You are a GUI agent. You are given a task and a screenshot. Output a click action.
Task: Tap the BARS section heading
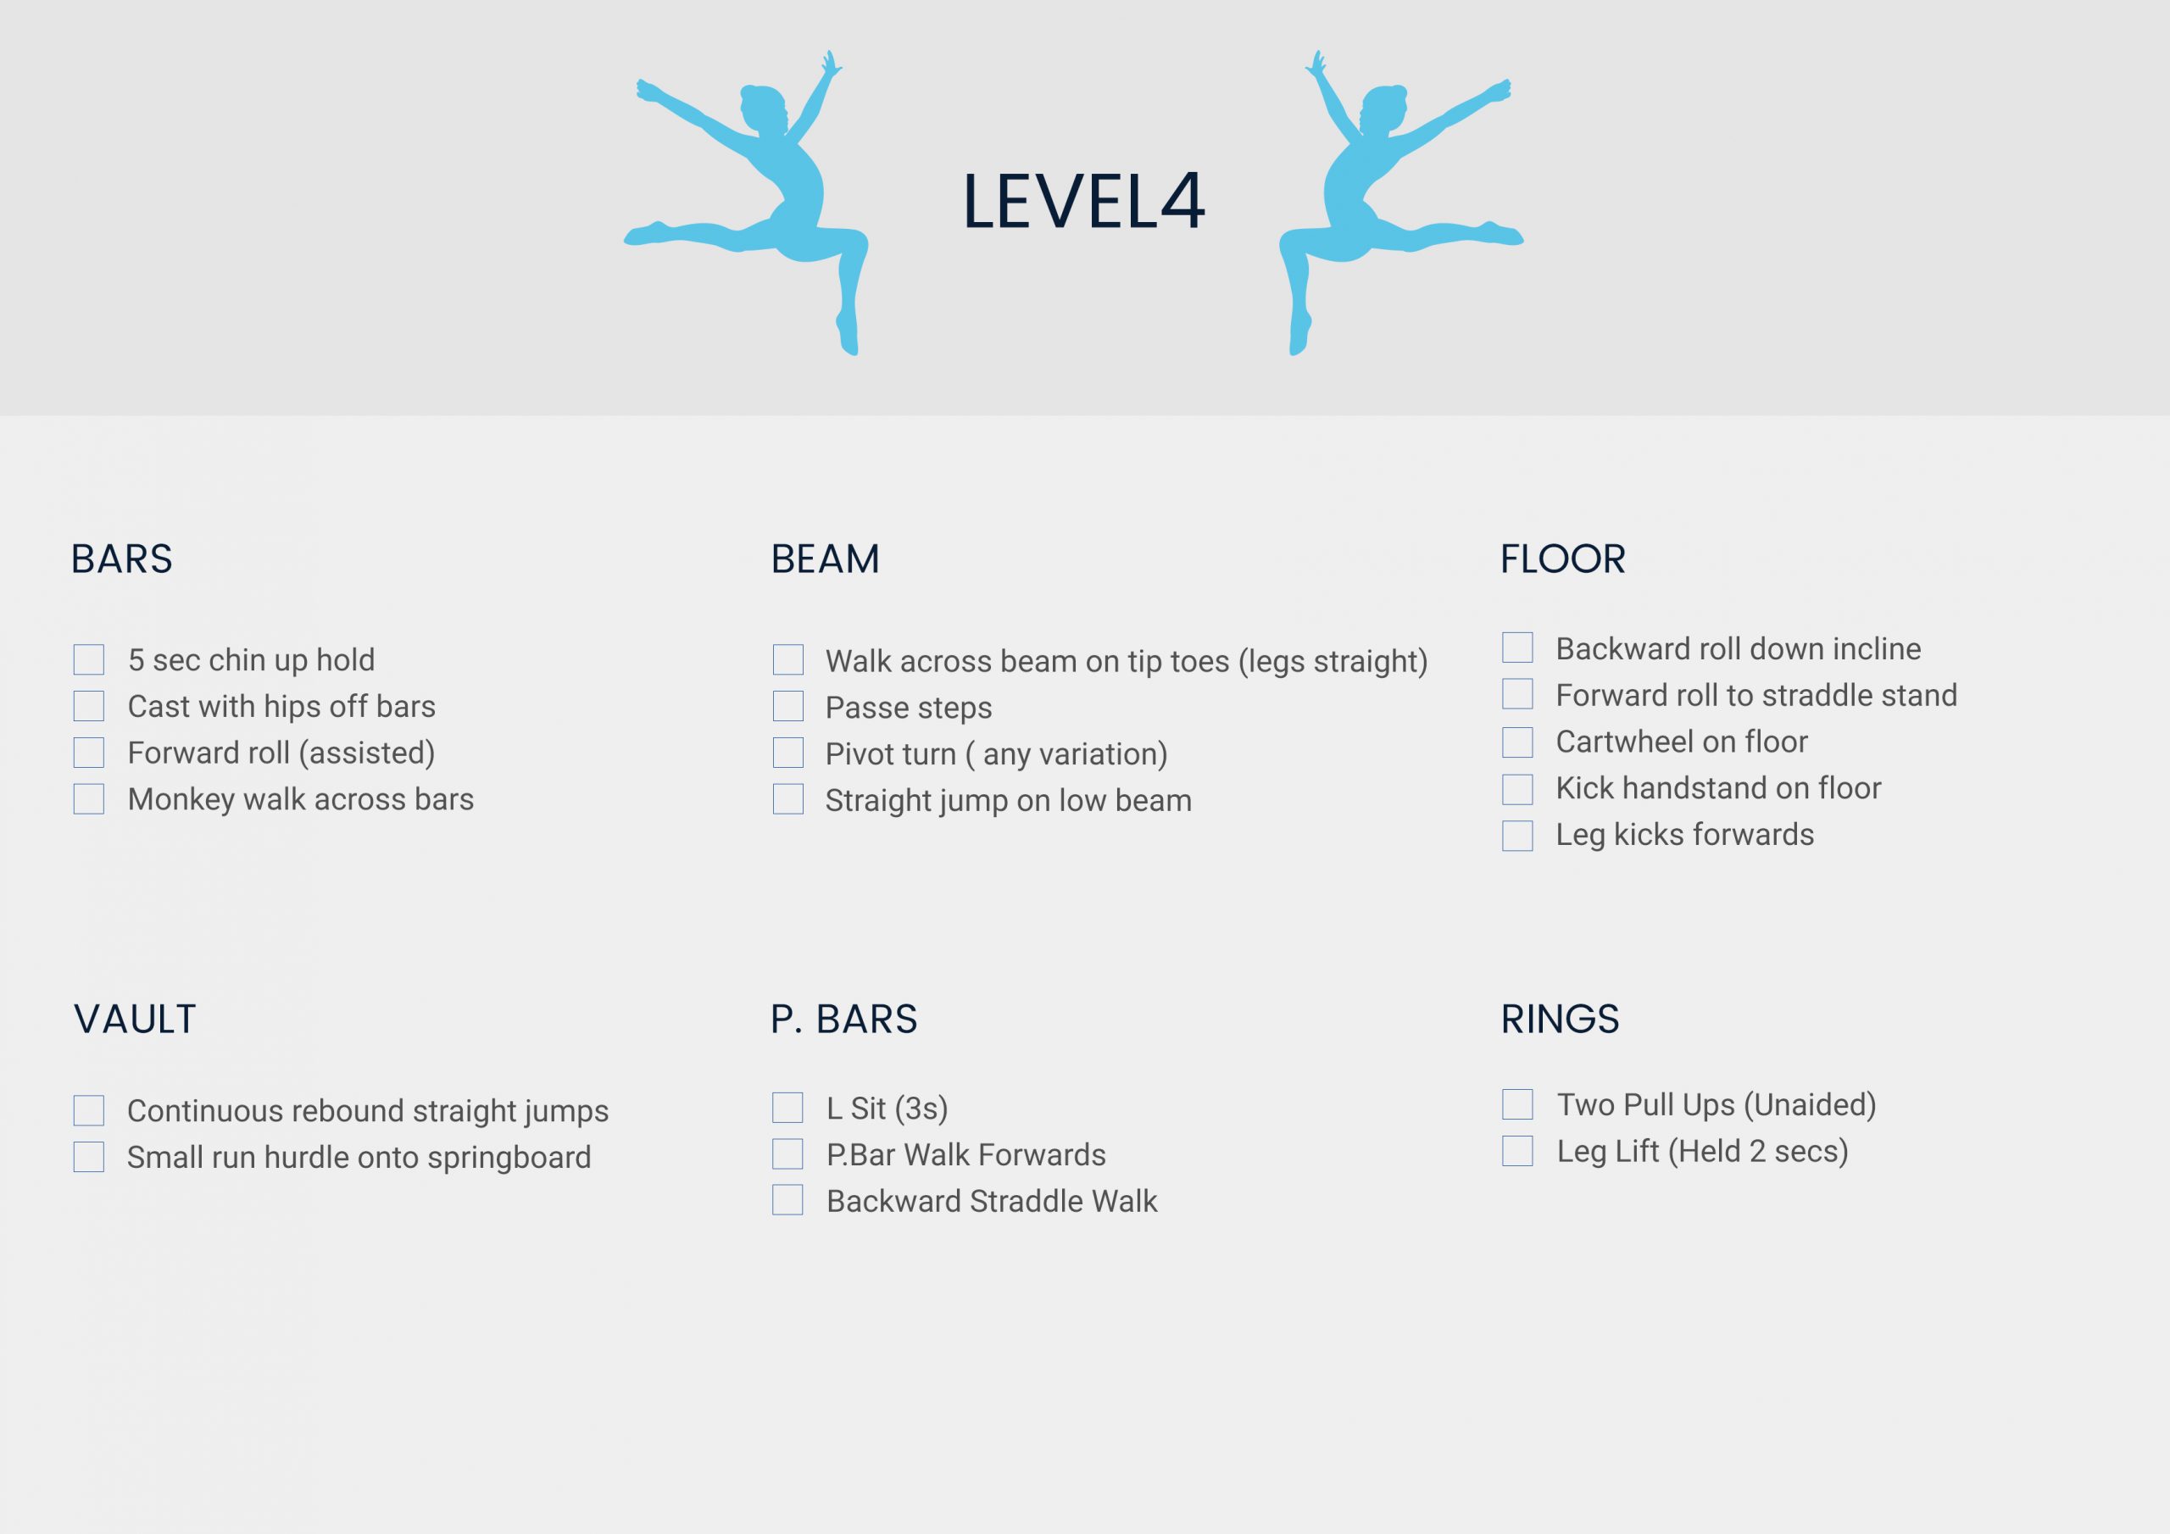(x=122, y=559)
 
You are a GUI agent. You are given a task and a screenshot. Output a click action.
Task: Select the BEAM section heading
(x=825, y=559)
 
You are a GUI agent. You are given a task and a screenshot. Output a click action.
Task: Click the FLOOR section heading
(x=1563, y=559)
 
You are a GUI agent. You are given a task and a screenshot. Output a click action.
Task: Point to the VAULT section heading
(x=135, y=1019)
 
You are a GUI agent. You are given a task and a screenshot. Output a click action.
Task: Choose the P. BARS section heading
(x=844, y=1019)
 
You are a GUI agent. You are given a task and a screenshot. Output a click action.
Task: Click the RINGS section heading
(x=1561, y=1019)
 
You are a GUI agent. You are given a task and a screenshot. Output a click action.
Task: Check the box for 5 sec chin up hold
(x=89, y=659)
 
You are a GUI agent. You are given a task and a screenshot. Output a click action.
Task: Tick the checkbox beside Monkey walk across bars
(x=89, y=798)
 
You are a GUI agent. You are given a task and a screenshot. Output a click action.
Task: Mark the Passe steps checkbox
(x=788, y=706)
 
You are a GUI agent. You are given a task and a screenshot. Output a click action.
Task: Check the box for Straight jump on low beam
(x=788, y=798)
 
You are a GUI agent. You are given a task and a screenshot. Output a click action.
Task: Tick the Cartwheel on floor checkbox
(x=1518, y=742)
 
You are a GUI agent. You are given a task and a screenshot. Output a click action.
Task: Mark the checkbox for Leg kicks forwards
(x=1518, y=836)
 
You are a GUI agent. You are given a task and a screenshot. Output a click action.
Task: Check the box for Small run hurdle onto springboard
(x=89, y=1157)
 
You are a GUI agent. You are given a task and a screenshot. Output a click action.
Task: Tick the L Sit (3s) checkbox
(x=788, y=1108)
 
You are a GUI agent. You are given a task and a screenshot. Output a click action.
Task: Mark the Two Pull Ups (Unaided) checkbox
(x=1518, y=1104)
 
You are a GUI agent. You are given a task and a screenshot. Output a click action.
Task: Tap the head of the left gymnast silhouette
(x=763, y=107)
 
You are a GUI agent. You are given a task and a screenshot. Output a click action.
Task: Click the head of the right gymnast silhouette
(x=1384, y=107)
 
